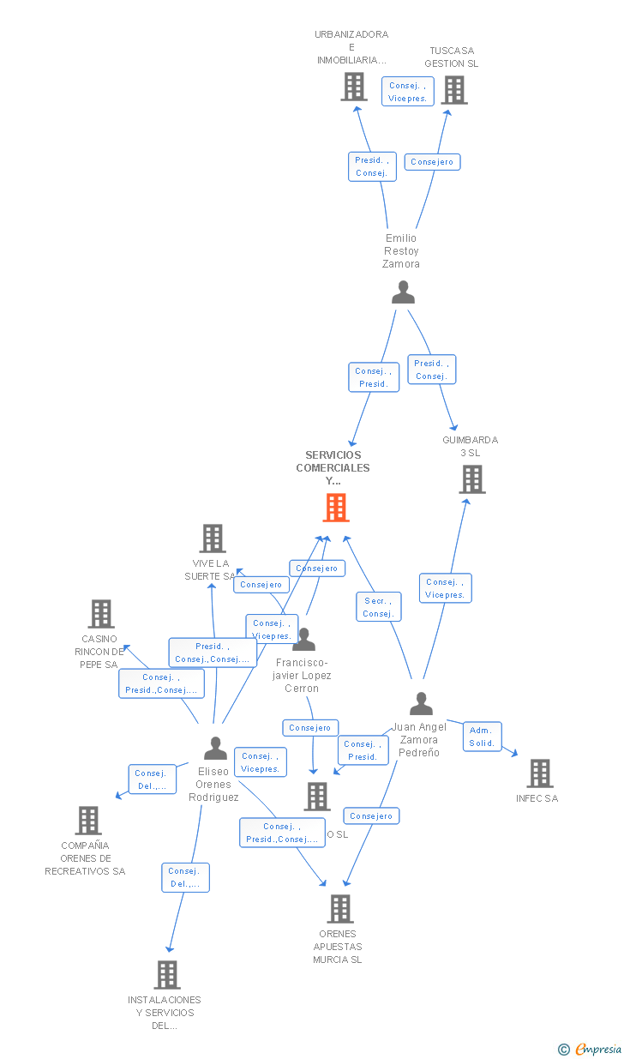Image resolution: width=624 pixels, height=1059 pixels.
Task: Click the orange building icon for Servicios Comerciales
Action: (336, 508)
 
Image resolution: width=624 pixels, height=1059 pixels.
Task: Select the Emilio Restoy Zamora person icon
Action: (403, 293)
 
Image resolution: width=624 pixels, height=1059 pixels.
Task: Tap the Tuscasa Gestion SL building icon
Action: (454, 90)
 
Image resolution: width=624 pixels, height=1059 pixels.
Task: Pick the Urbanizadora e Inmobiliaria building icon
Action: (354, 87)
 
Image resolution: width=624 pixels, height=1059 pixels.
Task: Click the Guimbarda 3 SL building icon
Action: (472, 479)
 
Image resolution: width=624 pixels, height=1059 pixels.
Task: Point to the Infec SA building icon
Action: (539, 773)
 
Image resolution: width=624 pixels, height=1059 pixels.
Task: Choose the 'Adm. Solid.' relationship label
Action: (483, 737)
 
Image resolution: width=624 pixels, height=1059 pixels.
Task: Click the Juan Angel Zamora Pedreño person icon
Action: (421, 704)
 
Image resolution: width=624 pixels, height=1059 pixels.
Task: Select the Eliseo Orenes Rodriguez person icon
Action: (215, 749)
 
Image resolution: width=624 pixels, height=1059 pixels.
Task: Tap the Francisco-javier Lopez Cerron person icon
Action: (303, 640)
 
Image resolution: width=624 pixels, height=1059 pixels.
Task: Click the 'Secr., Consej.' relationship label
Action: (378, 607)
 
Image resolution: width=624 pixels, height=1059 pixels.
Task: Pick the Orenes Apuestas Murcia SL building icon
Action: (340, 909)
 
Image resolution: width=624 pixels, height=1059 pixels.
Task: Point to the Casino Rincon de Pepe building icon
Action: (101, 614)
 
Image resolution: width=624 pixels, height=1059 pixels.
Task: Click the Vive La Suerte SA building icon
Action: (213, 539)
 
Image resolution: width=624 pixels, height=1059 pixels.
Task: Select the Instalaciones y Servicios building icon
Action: (167, 975)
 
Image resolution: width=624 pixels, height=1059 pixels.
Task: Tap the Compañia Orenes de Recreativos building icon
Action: (88, 821)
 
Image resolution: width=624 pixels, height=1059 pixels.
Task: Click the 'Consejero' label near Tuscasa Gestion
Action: (432, 162)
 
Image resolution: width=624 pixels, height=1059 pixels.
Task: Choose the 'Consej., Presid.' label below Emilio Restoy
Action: (374, 377)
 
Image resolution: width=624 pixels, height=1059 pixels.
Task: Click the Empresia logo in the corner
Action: (591, 1049)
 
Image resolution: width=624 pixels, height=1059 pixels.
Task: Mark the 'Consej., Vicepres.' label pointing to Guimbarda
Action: (445, 588)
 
